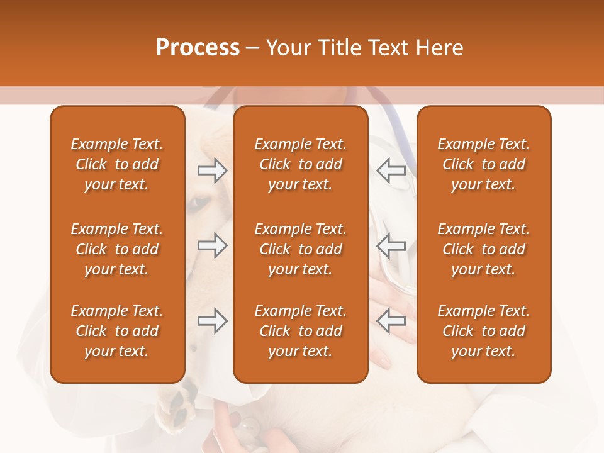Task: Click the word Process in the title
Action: point(198,48)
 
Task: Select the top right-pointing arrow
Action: point(212,171)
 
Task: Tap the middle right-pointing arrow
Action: point(212,245)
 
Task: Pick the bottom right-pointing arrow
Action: point(212,321)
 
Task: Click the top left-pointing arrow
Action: point(391,171)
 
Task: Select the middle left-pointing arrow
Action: point(391,245)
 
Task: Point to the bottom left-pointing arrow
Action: point(391,321)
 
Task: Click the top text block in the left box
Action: point(117,164)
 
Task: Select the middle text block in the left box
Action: point(117,249)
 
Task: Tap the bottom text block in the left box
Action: point(117,331)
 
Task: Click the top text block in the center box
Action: point(301,164)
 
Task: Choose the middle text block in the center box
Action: point(301,249)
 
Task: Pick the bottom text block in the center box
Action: point(301,331)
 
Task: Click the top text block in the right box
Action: point(484,164)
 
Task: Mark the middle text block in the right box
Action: point(484,249)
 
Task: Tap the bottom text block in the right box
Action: point(484,331)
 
